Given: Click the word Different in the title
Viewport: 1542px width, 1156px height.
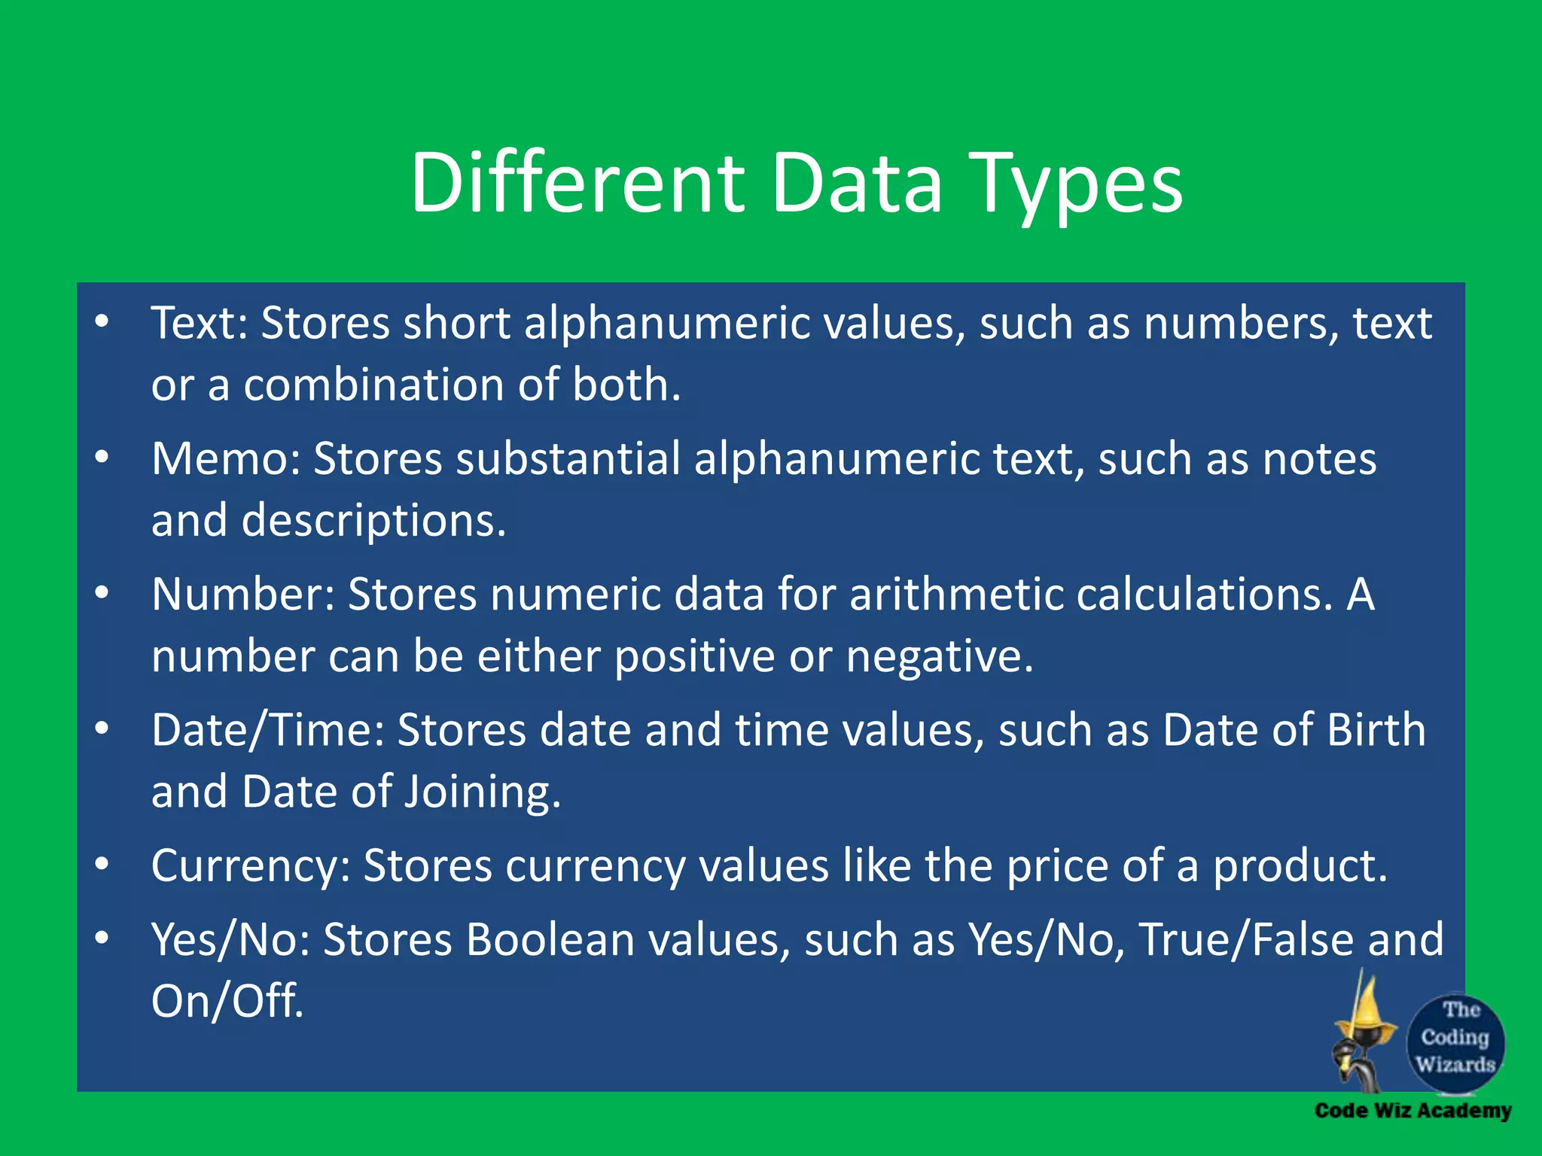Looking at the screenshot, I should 577,183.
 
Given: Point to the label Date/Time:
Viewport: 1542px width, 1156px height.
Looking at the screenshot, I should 268,730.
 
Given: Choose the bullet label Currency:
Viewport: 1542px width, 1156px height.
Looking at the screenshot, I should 251,865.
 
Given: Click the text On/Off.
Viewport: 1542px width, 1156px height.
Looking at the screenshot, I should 227,1001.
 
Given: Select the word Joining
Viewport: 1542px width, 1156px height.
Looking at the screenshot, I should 482,792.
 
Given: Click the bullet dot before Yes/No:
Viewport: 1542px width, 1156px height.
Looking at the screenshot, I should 102,938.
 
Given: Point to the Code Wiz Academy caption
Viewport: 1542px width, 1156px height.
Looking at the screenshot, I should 1412,1111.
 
